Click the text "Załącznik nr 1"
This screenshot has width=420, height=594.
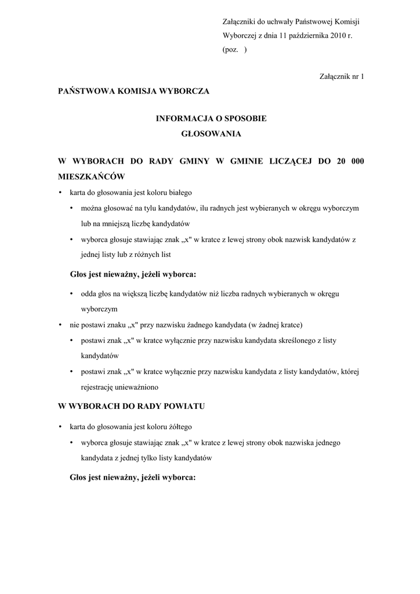click(x=342, y=76)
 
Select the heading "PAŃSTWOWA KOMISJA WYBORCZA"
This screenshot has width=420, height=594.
click(x=133, y=91)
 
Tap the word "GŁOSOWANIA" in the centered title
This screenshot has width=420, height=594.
click(x=211, y=133)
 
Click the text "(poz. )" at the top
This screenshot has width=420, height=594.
click(x=234, y=50)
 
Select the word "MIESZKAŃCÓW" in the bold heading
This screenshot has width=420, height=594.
click(x=92, y=175)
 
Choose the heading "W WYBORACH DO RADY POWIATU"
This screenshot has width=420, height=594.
click(x=132, y=406)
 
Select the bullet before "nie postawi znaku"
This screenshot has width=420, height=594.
click(x=60, y=325)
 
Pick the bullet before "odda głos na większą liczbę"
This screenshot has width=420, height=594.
click(x=71, y=294)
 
